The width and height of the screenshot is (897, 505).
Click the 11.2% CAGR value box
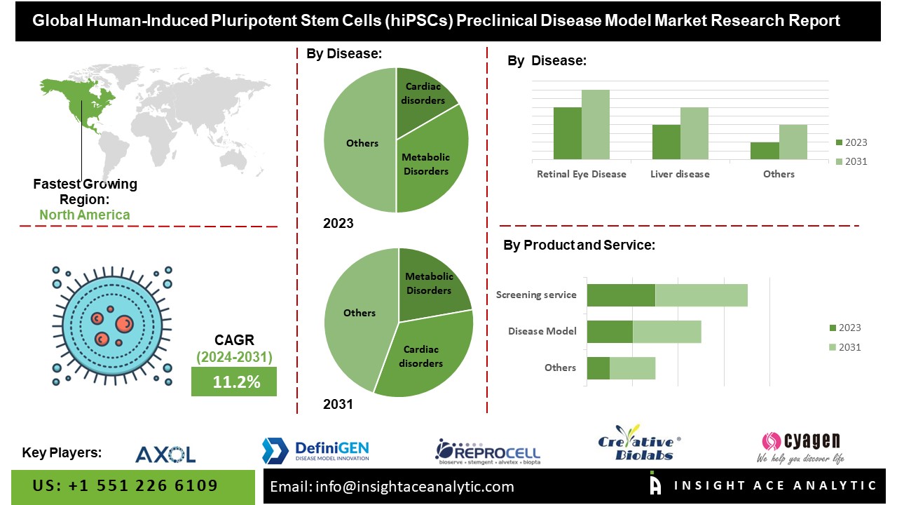tap(234, 382)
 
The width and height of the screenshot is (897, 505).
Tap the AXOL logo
tap(165, 454)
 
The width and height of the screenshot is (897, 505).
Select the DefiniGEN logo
tap(315, 450)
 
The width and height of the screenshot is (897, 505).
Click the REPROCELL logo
tap(488, 451)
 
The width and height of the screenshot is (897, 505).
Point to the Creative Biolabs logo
tap(639, 444)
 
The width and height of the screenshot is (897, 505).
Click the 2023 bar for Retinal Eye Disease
tap(567, 133)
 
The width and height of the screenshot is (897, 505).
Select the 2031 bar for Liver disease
tap(694, 133)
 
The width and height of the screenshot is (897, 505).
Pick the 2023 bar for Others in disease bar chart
tap(765, 151)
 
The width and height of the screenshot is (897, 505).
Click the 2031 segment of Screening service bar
tap(701, 295)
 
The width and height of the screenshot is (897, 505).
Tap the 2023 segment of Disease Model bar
tap(610, 331)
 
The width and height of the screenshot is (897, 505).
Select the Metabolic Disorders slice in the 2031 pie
tap(428, 284)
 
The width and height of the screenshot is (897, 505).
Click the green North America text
tap(85, 215)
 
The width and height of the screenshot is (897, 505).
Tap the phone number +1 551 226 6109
tap(125, 485)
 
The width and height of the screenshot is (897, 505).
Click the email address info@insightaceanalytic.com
tap(392, 486)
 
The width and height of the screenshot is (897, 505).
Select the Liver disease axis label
tap(680, 174)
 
